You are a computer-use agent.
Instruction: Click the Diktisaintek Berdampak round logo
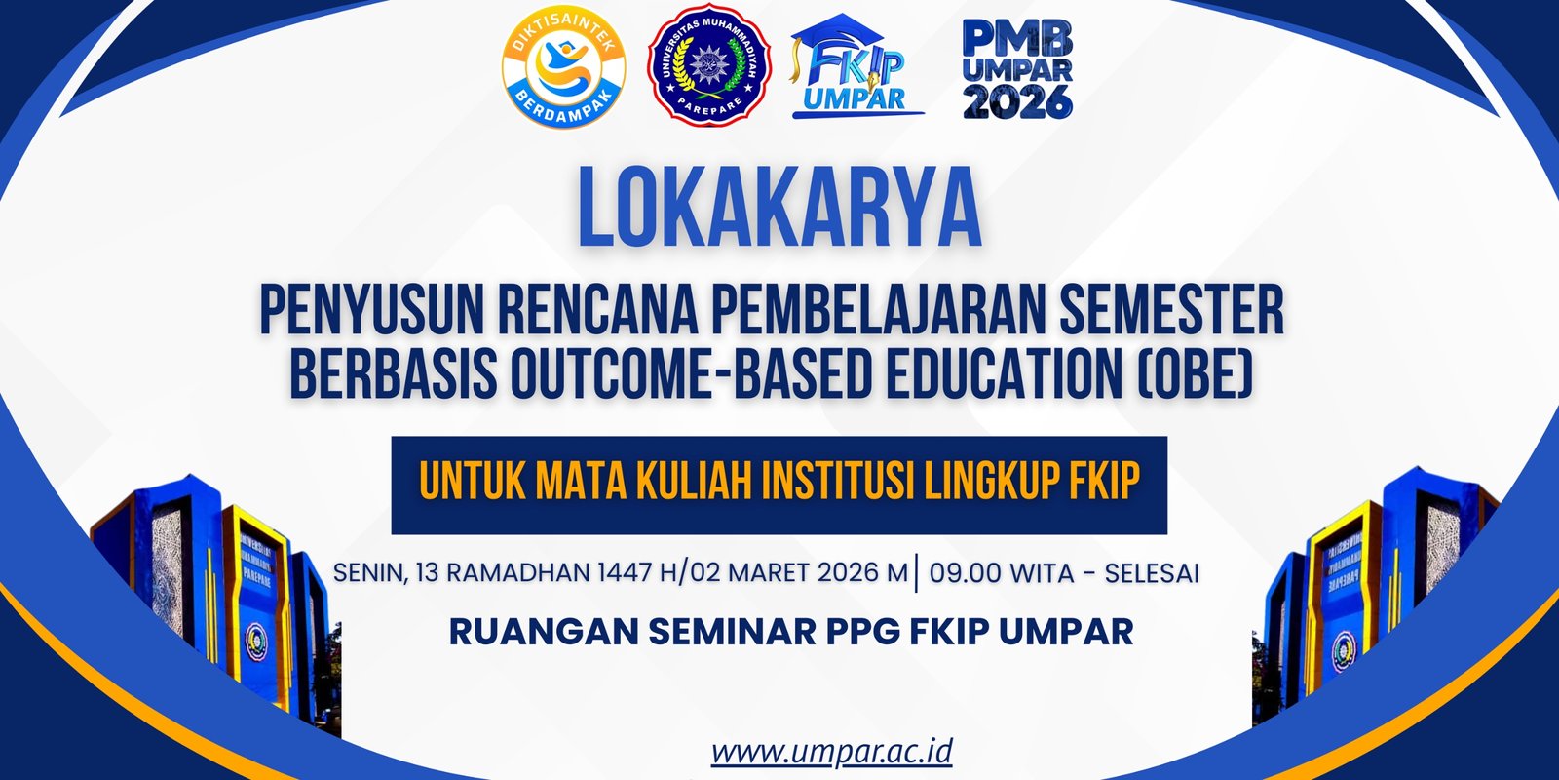564,67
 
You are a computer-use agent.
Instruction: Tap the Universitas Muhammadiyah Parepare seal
709,64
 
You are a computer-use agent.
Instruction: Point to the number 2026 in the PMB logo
1017,101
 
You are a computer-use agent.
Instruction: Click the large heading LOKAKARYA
779,208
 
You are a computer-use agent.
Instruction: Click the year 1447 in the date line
625,572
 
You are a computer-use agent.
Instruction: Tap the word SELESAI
1152,572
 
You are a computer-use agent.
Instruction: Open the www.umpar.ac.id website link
832,752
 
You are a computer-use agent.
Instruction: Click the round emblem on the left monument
255,642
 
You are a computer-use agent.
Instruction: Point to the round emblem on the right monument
1344,651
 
